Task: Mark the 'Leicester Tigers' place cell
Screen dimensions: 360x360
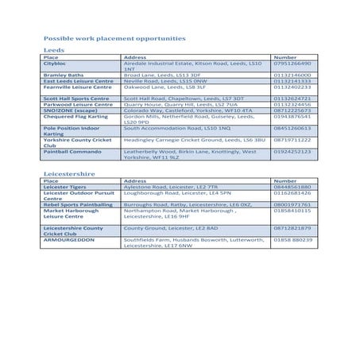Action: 68,187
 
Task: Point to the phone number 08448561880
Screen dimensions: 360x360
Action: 292,187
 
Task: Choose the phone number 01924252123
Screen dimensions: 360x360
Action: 292,151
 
